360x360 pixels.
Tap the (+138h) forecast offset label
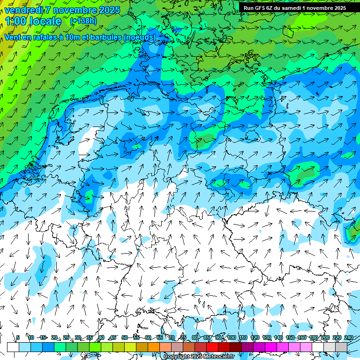(83, 21)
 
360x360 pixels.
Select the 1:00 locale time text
(33, 21)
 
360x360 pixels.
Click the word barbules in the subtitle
(101, 37)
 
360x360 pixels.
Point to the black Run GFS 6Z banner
(295, 7)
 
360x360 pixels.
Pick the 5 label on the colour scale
(18, 337)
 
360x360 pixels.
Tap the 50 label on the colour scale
(125, 337)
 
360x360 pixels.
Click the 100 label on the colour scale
(231, 337)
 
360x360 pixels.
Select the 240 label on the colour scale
(349, 337)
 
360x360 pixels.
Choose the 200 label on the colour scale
(325, 337)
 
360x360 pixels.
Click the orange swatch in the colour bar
(154, 347)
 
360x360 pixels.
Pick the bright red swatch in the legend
(212, 347)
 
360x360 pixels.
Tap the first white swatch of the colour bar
(13, 347)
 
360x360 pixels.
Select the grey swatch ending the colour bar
(341, 347)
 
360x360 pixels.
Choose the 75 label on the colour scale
(183, 337)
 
